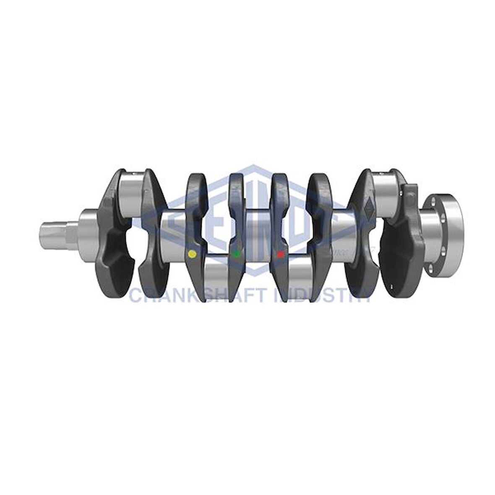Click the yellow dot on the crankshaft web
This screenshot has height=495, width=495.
click(x=192, y=254)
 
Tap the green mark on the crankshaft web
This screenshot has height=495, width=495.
click(x=236, y=253)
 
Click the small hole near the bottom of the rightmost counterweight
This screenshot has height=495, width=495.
click(x=391, y=287)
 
